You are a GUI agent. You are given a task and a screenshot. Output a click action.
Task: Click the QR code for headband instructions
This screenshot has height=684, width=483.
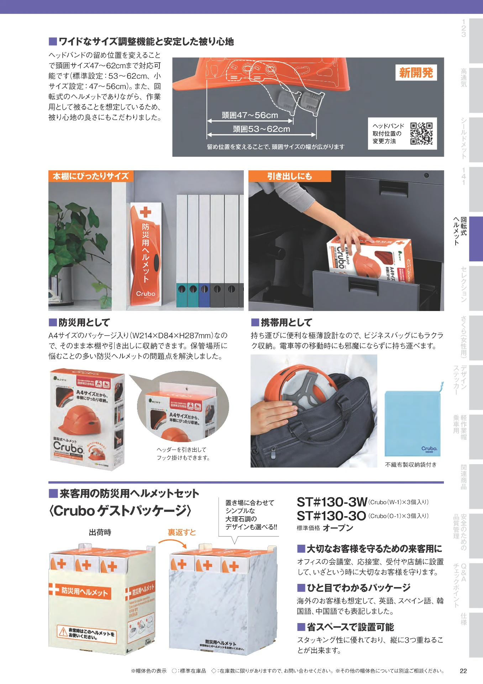click(421, 134)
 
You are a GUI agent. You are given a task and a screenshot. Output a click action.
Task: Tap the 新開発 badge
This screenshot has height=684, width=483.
click(416, 73)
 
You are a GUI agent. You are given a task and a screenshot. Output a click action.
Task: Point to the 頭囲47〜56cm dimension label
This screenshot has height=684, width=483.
click(250, 115)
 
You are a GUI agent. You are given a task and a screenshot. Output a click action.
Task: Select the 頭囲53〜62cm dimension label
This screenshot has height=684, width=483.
click(261, 129)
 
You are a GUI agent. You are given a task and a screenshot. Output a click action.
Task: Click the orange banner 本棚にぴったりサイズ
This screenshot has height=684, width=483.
click(90, 176)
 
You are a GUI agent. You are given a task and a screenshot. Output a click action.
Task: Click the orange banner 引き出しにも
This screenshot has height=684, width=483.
click(289, 176)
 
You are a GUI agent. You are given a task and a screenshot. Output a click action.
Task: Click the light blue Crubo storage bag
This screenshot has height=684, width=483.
click(413, 423)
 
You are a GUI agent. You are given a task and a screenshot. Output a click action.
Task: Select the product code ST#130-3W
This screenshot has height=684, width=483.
click(331, 502)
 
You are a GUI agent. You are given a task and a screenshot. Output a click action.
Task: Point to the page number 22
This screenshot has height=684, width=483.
click(463, 671)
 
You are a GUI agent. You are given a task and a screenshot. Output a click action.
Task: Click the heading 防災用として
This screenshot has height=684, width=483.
click(84, 322)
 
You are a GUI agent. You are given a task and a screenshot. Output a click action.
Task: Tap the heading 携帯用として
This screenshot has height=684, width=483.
click(286, 322)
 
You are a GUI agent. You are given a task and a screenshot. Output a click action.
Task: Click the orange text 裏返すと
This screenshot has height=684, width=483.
click(182, 532)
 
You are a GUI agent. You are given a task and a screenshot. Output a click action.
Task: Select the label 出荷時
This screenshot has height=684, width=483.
click(100, 532)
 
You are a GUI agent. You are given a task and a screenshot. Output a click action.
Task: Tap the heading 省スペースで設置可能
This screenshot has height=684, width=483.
click(350, 627)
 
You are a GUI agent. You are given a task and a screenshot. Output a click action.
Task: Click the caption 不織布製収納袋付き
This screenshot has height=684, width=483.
click(410, 465)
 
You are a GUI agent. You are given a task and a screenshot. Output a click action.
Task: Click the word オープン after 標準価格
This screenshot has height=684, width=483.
click(338, 528)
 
